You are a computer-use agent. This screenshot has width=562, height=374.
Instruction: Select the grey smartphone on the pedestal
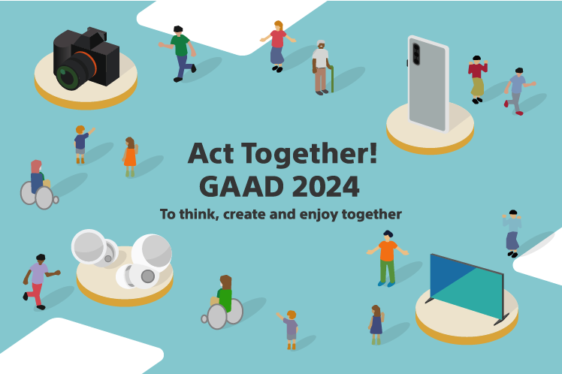tap(428, 83)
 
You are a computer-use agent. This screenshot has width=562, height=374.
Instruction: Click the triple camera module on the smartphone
tap(415, 54)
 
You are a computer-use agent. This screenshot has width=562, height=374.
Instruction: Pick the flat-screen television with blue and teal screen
tap(466, 286)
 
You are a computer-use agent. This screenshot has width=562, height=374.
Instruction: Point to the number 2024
tap(324, 185)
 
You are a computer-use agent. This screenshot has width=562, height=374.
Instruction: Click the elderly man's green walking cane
tap(331, 75)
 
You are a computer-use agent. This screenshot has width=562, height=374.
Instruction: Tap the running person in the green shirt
tap(180, 53)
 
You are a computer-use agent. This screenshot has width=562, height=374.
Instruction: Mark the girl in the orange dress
tap(130, 156)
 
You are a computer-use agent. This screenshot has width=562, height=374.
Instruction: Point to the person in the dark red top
tap(476, 78)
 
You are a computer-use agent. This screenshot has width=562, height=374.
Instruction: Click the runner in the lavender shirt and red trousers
tap(37, 279)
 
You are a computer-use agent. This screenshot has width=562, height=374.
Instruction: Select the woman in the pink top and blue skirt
tap(278, 45)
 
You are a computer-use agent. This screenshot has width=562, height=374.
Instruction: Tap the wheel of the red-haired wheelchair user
tap(44, 198)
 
